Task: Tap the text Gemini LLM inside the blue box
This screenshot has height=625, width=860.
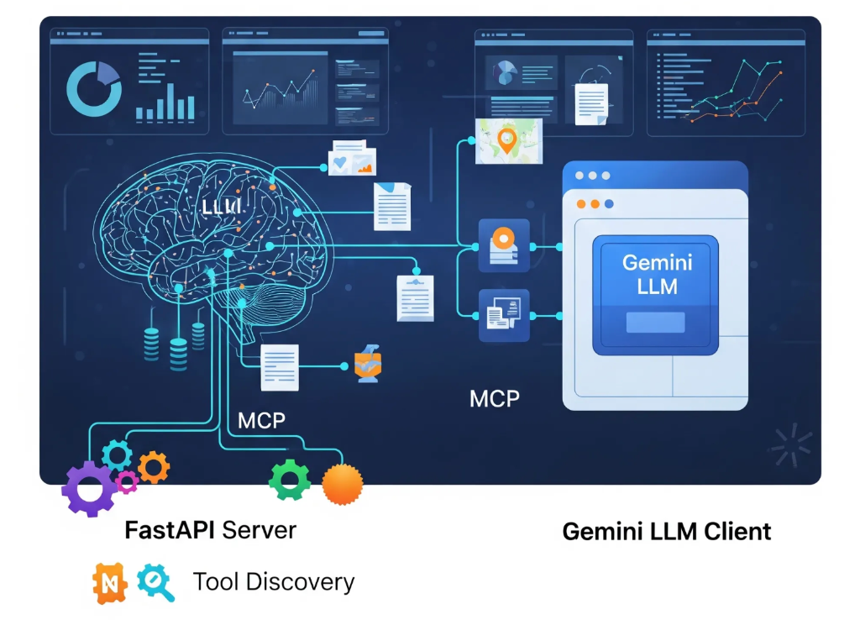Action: [657, 274]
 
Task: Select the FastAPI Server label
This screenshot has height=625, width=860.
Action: [210, 530]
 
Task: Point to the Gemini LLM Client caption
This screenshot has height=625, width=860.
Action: [666, 531]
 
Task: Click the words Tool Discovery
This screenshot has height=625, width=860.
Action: [274, 581]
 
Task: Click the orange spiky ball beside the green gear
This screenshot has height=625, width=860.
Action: [343, 485]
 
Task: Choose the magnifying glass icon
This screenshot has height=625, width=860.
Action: [155, 582]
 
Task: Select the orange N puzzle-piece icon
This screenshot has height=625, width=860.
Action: [110, 583]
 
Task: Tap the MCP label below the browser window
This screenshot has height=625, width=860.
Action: [495, 397]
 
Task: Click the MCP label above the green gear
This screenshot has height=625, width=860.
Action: [262, 420]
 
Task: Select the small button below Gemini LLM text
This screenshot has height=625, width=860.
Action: [656, 323]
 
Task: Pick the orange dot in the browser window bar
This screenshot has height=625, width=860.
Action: [595, 204]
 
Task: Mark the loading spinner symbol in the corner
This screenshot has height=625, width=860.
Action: [791, 445]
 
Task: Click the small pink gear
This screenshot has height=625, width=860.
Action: [127, 481]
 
